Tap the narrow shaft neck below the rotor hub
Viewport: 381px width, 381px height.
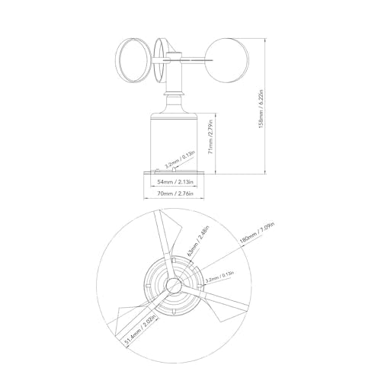pos(176,84)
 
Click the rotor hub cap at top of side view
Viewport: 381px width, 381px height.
pos(176,55)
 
